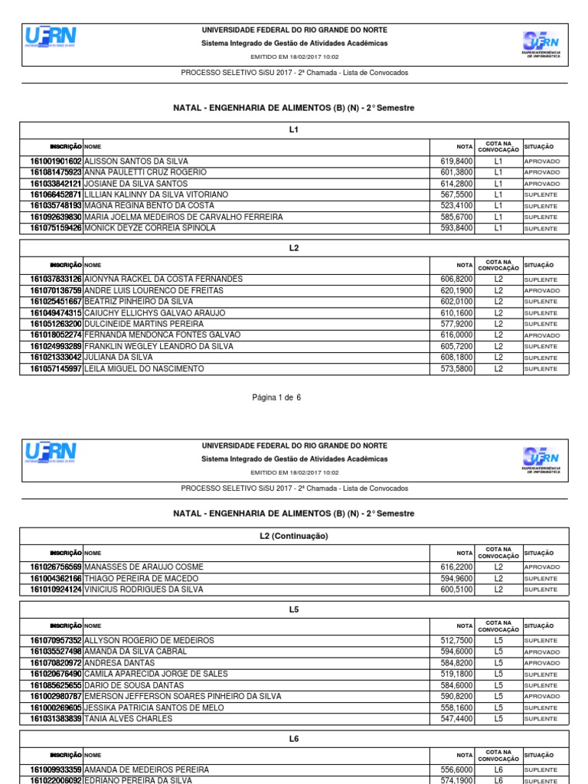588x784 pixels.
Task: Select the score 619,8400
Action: [457, 162]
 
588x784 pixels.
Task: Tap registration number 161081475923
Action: [56, 173]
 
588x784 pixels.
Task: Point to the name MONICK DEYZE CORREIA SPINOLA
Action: [149, 228]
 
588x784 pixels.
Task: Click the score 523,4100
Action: [457, 206]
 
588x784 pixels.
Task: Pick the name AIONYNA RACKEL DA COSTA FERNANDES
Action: [163, 279]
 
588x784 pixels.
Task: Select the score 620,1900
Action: [457, 291]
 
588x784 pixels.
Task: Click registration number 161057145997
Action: [56, 369]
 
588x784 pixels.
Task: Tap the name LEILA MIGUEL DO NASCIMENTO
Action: [144, 369]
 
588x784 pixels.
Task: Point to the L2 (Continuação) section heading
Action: [294, 536]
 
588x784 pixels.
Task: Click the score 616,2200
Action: [457, 567]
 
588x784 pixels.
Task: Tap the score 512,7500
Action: [457, 641]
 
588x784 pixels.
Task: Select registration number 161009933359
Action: [56, 769]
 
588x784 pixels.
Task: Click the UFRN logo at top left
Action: [51, 37]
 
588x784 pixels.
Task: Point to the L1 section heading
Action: [294, 129]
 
